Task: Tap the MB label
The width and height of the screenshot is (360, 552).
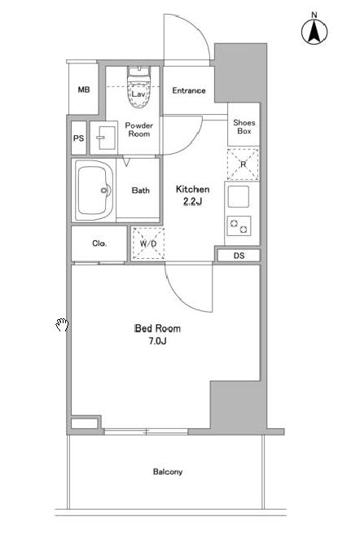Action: (x=84, y=90)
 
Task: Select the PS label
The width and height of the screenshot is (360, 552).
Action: (x=78, y=138)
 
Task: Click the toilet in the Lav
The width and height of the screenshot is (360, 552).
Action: (x=138, y=86)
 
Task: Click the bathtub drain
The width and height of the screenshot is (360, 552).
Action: (x=104, y=191)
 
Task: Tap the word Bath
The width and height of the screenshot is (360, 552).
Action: (x=141, y=191)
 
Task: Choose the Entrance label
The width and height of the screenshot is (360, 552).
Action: (x=189, y=90)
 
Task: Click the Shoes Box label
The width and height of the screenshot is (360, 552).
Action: (x=244, y=127)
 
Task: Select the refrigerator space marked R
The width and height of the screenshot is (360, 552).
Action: (x=243, y=164)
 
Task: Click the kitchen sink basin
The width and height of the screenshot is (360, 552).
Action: (x=239, y=196)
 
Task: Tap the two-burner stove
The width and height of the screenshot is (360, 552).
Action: (x=239, y=226)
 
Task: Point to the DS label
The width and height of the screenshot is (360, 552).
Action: (x=239, y=256)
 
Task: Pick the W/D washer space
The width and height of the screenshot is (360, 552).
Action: (x=148, y=243)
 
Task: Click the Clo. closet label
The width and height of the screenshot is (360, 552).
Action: (x=99, y=243)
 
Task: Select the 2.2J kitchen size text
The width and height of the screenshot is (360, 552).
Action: (x=192, y=201)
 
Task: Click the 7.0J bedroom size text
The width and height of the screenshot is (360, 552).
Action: (x=157, y=341)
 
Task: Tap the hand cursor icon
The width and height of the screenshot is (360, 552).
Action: (x=62, y=325)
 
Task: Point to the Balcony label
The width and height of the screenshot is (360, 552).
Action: (x=168, y=471)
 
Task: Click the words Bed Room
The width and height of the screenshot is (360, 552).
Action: (x=157, y=328)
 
